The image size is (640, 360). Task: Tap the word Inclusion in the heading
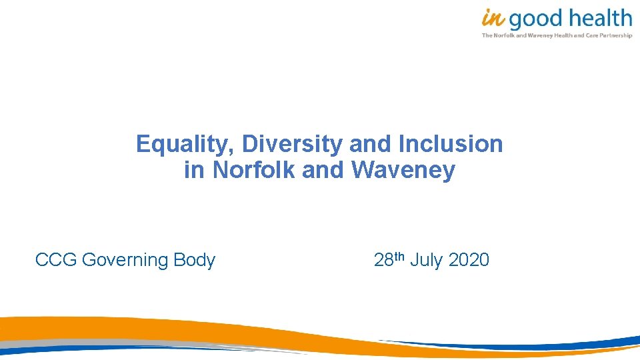coord(451,144)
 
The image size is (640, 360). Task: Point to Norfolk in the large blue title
coord(254,171)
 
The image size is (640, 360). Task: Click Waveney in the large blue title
coord(403,171)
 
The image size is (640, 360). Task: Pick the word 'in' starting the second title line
coord(194,171)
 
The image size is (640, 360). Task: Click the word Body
coord(195,261)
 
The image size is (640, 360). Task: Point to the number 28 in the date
coord(384,260)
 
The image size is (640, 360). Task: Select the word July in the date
coord(427,261)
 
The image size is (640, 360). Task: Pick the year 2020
coord(469,260)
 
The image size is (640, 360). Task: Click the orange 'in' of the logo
coord(493,18)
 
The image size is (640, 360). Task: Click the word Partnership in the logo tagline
coord(617,35)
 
